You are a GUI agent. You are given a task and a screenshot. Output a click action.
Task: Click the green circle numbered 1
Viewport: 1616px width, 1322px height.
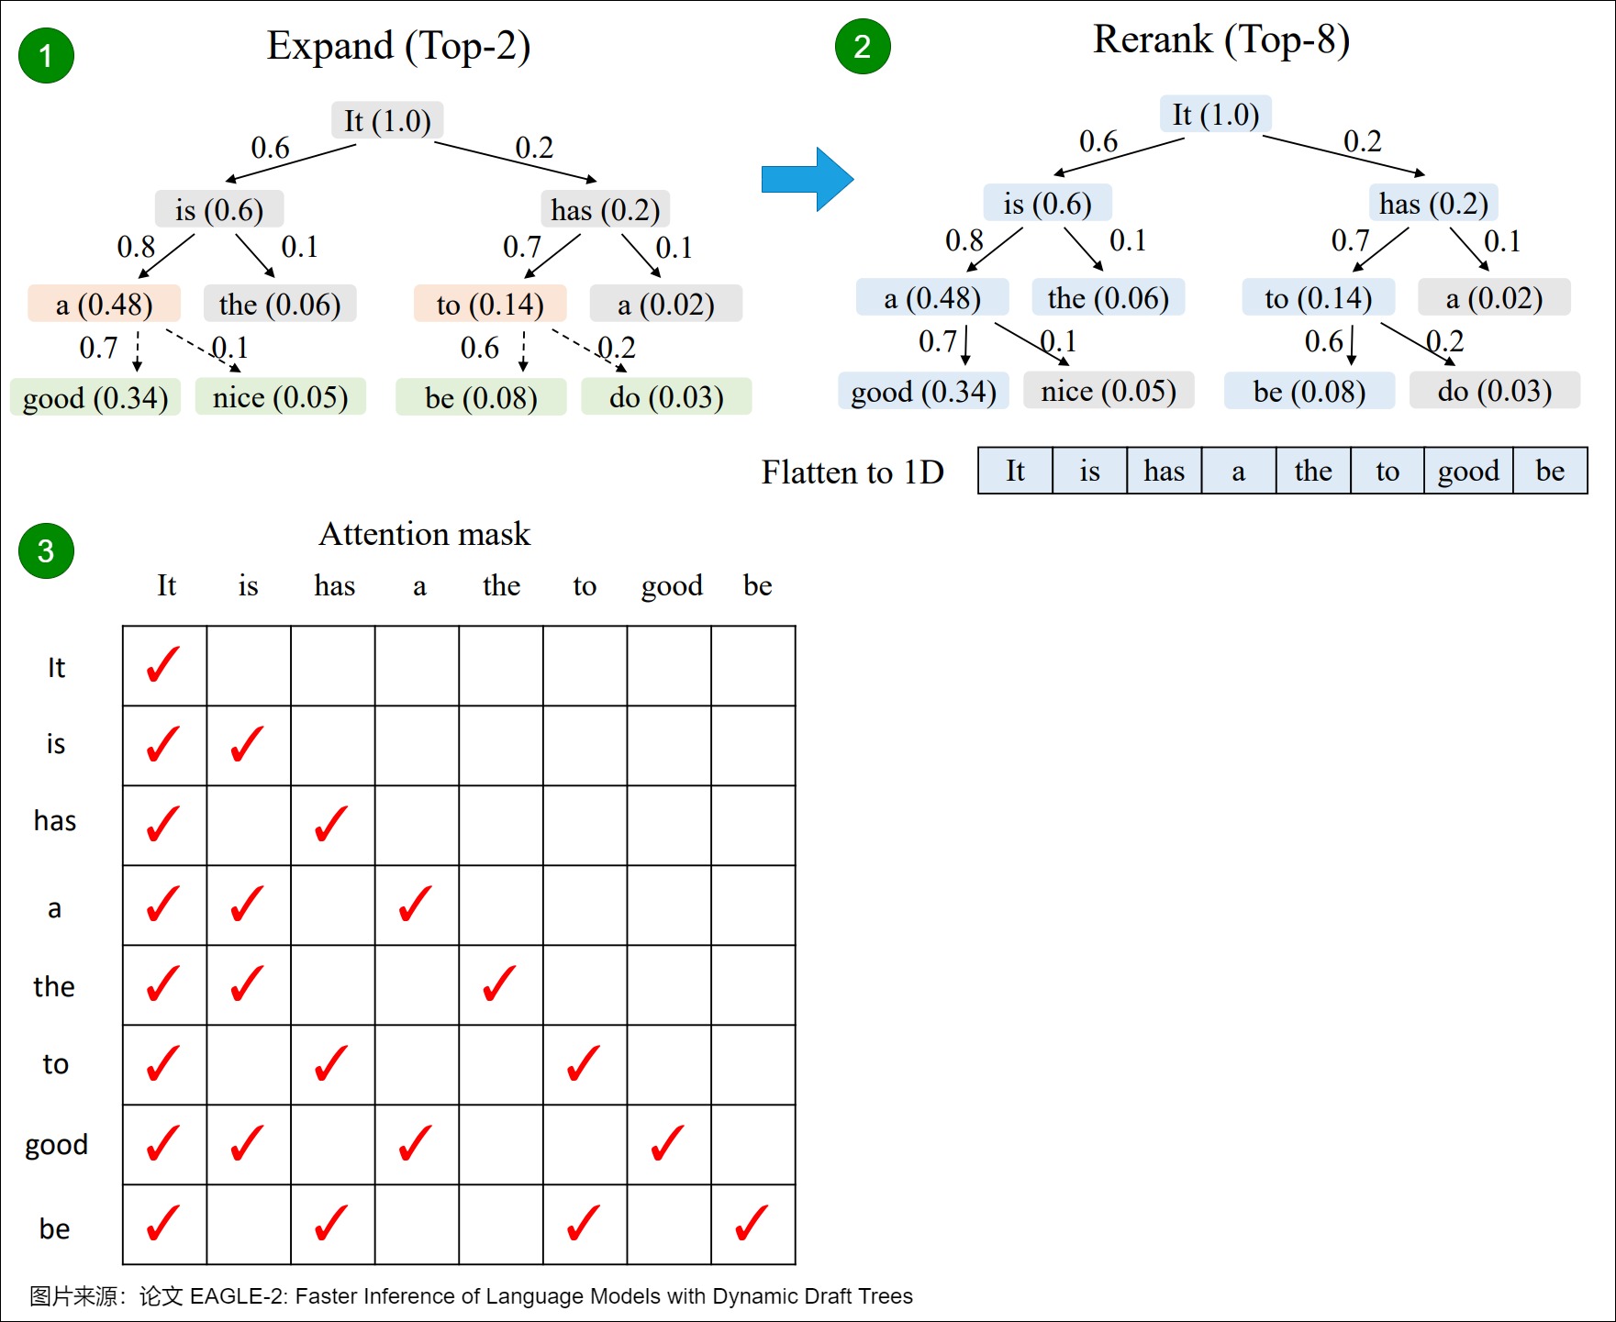46,56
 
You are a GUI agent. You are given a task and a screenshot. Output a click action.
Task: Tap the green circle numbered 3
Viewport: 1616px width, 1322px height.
46,550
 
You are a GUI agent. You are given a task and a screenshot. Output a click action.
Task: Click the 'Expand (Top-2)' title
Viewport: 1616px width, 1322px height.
398,46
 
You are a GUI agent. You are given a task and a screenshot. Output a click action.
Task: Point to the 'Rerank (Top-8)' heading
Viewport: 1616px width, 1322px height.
1220,39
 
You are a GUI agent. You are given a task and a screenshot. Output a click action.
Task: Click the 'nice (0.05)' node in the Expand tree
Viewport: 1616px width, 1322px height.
280,397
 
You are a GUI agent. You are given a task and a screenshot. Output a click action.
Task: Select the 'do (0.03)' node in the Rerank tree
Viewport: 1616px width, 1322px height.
1494,391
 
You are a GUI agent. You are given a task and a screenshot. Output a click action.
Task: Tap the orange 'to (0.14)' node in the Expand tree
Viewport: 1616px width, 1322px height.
489,304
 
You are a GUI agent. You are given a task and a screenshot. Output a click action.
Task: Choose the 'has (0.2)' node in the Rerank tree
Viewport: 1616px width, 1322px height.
1433,203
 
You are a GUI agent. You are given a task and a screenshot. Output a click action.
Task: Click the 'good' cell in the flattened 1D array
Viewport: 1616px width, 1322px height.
1467,471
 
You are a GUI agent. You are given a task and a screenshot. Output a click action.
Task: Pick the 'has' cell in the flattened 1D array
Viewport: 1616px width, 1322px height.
1164,471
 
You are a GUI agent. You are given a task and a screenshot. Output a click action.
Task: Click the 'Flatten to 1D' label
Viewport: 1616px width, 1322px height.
853,472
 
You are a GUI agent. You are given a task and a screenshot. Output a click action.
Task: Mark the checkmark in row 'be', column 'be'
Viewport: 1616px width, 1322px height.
752,1223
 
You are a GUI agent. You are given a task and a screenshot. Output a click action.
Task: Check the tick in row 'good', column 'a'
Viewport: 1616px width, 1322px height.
416,1143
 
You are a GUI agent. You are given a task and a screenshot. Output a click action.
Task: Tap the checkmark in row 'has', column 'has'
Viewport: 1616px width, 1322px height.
331,824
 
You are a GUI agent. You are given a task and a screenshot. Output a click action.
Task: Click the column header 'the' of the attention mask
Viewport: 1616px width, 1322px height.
501,585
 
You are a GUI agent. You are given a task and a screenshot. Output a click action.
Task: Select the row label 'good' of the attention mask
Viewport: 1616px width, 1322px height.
56,1144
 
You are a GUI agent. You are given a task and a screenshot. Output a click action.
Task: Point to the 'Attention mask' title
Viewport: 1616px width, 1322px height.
424,534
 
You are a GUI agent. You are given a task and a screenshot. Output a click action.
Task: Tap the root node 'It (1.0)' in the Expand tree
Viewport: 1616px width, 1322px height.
387,120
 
